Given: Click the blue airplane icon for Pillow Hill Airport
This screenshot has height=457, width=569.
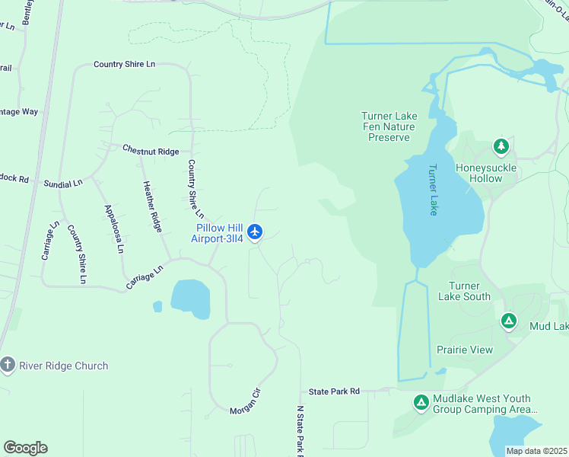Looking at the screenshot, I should [255, 230].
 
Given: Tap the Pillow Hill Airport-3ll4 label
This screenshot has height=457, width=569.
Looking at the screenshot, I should [218, 233].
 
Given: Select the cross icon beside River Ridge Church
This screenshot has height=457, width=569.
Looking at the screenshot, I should [8, 366].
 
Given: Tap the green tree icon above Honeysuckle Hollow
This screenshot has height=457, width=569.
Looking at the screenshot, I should [500, 145].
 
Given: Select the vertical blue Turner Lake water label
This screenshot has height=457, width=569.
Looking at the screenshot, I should [432, 190].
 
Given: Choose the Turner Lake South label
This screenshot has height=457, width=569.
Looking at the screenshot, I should [464, 291].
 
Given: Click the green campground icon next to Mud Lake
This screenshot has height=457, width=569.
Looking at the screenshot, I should [509, 322].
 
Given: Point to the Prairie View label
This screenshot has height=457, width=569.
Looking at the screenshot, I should [464, 350].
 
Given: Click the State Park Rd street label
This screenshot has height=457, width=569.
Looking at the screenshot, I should [334, 391].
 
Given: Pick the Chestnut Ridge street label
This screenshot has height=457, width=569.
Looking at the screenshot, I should [151, 150].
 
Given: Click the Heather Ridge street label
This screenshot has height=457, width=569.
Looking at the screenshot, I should [152, 206].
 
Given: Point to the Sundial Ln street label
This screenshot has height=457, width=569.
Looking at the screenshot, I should [63, 184].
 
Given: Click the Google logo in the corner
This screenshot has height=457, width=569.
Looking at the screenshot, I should [25, 448].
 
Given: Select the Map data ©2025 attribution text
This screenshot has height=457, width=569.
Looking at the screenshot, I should [536, 451].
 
